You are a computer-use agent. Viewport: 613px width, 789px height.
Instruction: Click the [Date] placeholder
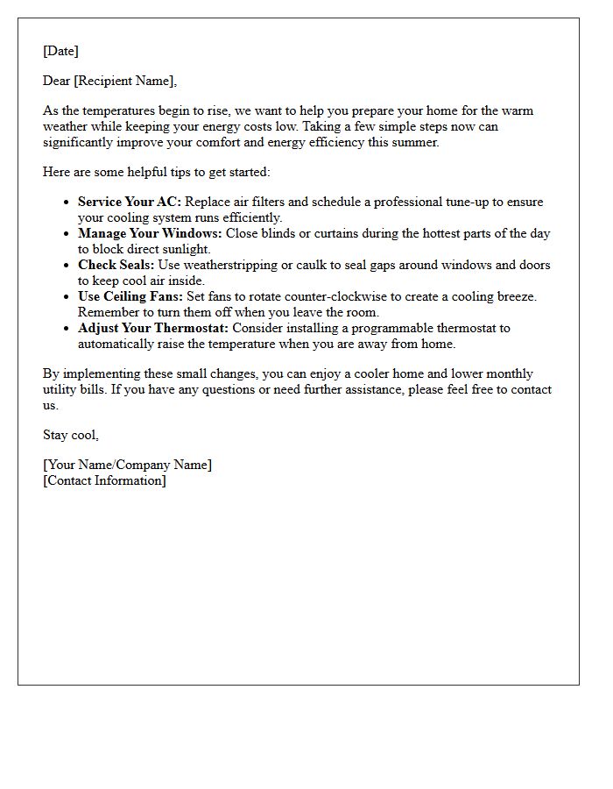[60, 51]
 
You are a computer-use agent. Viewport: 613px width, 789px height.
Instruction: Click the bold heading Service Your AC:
[130, 202]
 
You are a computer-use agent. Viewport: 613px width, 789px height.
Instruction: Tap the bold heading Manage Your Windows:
[150, 233]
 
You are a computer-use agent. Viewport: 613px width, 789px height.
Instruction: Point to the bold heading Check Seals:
[116, 265]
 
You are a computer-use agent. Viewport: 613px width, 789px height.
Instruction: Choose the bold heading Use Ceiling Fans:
[130, 296]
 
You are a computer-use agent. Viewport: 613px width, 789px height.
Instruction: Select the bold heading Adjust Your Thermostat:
[152, 328]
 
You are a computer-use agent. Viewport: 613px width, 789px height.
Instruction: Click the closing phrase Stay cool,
[71, 435]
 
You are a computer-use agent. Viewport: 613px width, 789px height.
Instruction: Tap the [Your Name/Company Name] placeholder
[127, 465]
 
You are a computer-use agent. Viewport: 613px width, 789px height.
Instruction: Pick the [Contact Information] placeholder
[104, 480]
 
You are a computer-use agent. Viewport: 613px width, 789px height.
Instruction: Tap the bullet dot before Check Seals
[68, 265]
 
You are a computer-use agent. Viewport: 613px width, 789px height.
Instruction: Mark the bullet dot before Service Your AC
[68, 202]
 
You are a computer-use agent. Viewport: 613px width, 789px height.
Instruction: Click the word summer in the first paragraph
[417, 142]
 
